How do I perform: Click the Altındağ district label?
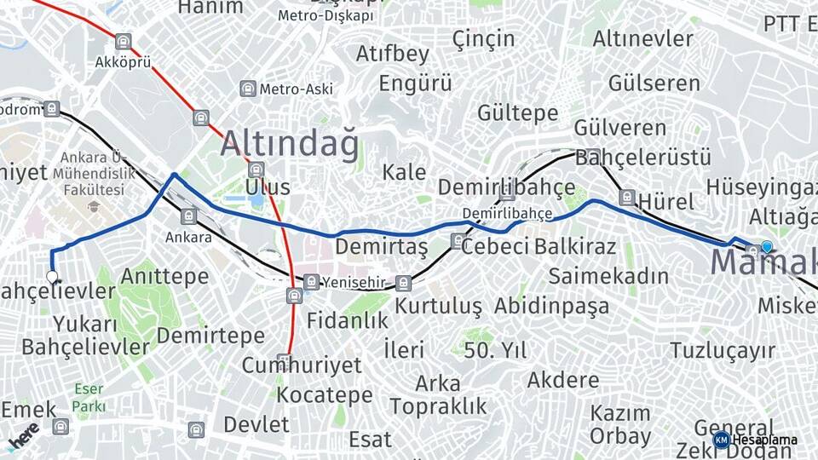pyautogui.click(x=290, y=144)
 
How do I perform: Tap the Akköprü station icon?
pyautogui.click(x=124, y=42)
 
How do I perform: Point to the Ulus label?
pyautogui.click(x=268, y=187)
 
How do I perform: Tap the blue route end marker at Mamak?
pyautogui.click(x=767, y=247)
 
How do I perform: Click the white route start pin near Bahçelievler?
pyautogui.click(x=52, y=277)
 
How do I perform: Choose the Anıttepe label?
pyautogui.click(x=164, y=276)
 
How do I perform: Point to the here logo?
pyautogui.click(x=25, y=438)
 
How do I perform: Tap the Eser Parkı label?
pyautogui.click(x=89, y=398)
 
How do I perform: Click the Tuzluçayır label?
pyautogui.click(x=723, y=350)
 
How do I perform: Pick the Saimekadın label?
pyautogui.click(x=608, y=276)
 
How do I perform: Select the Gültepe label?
pyautogui.click(x=517, y=112)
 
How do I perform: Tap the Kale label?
pyautogui.click(x=404, y=172)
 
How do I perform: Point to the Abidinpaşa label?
pyautogui.click(x=551, y=306)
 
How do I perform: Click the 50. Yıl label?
pyautogui.click(x=495, y=349)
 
